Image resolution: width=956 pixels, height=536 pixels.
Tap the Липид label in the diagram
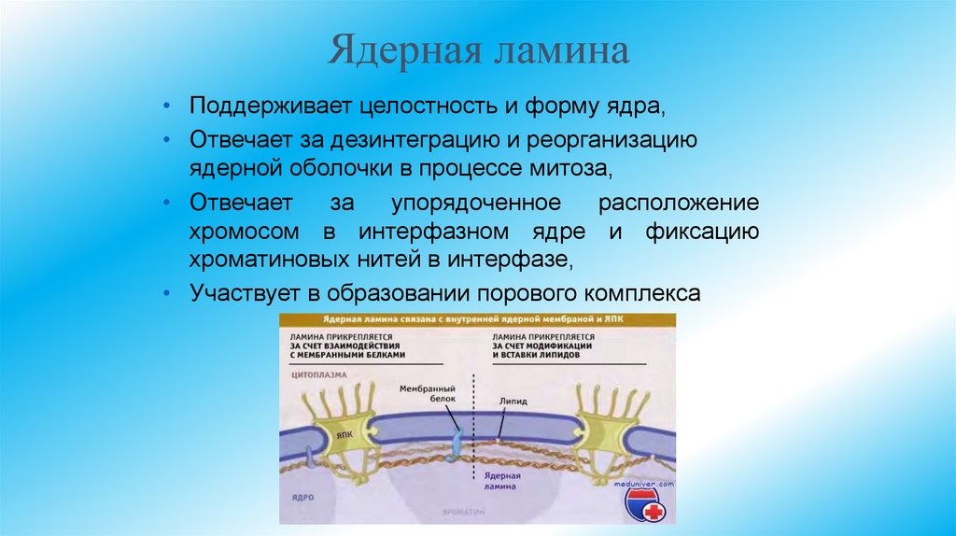(x=513, y=401)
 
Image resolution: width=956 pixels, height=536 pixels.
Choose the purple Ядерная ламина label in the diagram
(x=501, y=481)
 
